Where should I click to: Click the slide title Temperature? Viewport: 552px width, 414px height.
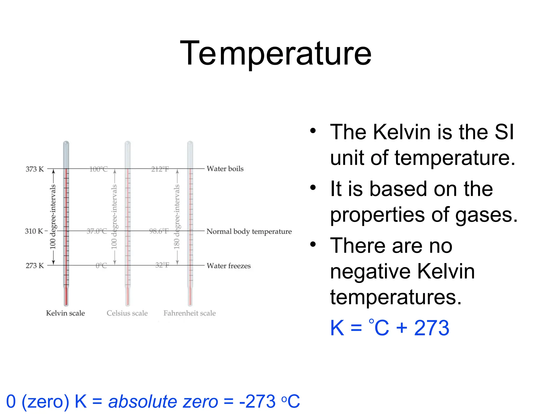(x=275, y=53)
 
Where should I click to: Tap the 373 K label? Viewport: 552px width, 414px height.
(x=34, y=169)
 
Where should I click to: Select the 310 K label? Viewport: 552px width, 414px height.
(x=34, y=231)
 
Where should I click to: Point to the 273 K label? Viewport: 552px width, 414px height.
(x=34, y=265)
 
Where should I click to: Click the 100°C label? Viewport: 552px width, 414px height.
(x=98, y=169)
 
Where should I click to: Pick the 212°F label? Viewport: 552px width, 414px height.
(x=160, y=169)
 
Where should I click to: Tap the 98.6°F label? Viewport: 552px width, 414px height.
(x=159, y=231)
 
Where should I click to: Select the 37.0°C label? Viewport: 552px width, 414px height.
(x=97, y=231)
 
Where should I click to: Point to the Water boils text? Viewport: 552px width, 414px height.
(x=225, y=169)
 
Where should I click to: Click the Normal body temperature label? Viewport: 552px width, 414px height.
(x=249, y=231)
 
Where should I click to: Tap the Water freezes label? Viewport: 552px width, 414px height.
(x=228, y=266)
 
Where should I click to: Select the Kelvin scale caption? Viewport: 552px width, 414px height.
(x=65, y=313)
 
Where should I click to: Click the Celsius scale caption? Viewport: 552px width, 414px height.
(x=127, y=313)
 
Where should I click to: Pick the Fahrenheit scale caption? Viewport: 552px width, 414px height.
(x=189, y=313)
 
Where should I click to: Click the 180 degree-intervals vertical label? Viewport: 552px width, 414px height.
(x=177, y=217)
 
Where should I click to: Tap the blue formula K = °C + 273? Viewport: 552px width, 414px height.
(x=389, y=328)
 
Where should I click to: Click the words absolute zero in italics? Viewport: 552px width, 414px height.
(x=163, y=401)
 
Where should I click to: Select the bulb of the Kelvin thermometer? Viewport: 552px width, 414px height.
(x=66, y=296)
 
